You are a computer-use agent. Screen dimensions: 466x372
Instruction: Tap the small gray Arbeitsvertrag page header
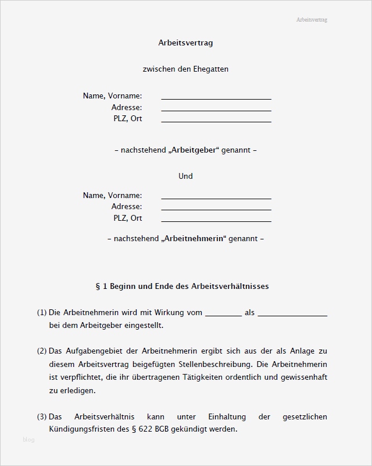[312, 20]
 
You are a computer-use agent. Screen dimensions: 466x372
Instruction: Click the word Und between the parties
[185, 176]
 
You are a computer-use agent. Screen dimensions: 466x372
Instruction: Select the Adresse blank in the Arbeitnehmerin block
[216, 208]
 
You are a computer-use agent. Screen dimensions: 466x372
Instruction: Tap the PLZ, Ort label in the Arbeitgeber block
[128, 119]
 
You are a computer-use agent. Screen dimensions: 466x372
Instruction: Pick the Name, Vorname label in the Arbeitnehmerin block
[112, 196]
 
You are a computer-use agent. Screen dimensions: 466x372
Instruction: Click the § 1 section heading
[182, 287]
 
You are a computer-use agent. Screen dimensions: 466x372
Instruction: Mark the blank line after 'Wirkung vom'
[223, 314]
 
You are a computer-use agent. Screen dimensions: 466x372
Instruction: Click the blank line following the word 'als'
[292, 314]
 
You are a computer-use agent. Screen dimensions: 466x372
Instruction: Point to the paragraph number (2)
[42, 351]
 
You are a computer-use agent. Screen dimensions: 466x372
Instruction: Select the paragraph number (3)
[42, 416]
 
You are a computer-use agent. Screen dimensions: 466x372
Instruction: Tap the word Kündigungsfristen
[84, 429]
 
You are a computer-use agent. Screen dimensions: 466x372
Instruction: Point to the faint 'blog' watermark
[28, 440]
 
